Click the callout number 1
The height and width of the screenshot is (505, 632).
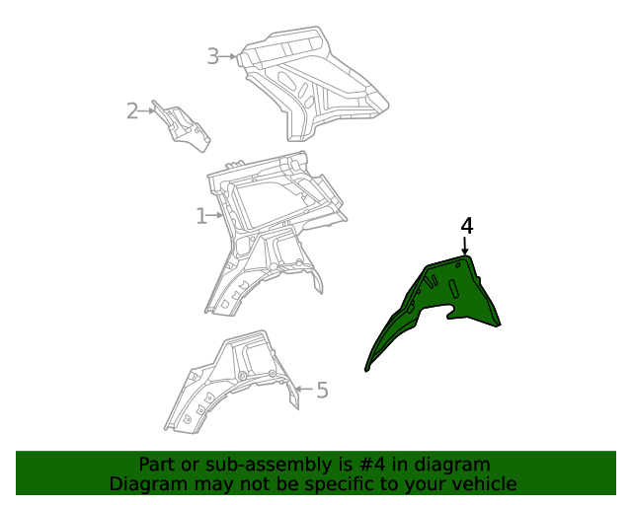(200, 215)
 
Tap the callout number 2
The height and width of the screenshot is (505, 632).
(132, 110)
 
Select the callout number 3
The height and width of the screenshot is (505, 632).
(212, 56)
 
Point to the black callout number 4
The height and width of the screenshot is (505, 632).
(467, 226)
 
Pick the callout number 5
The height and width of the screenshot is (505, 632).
(322, 391)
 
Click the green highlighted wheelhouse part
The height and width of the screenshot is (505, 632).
(449, 296)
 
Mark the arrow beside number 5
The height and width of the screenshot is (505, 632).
(303, 391)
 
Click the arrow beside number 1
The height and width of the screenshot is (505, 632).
(216, 215)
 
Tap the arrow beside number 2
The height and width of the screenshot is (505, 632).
(149, 110)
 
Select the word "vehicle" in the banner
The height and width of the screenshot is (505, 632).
(484, 484)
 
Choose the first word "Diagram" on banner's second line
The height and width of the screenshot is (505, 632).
(148, 484)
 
